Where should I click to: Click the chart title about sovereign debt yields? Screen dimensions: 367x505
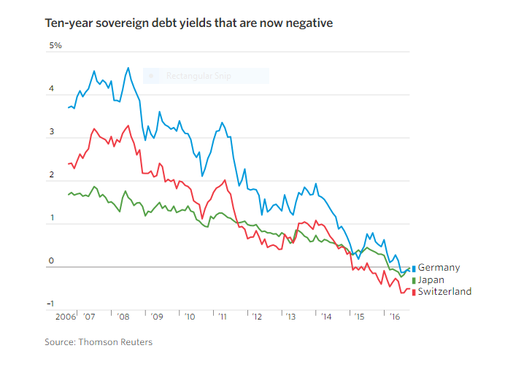click(189, 23)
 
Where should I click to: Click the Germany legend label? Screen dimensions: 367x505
click(439, 268)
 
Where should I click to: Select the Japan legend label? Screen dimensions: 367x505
click(431, 279)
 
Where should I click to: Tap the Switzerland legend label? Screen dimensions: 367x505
click(444, 291)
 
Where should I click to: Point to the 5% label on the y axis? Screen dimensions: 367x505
click(55, 46)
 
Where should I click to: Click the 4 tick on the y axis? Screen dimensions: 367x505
click(51, 90)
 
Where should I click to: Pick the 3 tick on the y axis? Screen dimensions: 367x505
click(51, 132)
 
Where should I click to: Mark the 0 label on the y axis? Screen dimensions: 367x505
click(51, 260)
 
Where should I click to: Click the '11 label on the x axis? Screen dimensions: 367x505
click(222, 318)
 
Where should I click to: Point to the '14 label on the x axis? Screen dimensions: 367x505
click(323, 318)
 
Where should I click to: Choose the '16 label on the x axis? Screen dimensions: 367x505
click(394, 318)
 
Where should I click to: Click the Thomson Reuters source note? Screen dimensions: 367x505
click(98, 341)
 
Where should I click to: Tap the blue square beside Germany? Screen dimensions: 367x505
click(414, 269)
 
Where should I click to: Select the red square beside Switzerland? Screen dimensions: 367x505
click(414, 292)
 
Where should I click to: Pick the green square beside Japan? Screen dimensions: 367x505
click(414, 280)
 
